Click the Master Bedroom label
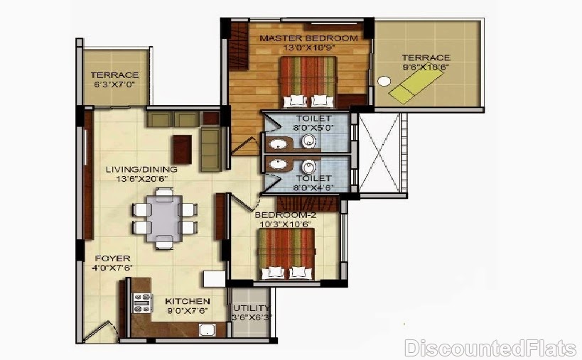click(x=308, y=38)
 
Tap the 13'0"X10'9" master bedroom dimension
click(x=309, y=48)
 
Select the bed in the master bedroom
click(x=308, y=82)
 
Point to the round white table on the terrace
click(x=384, y=81)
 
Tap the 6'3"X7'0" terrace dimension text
click(x=114, y=84)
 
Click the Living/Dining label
click(x=141, y=170)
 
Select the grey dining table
click(x=164, y=219)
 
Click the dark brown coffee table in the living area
click(x=182, y=149)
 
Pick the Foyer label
click(x=112, y=258)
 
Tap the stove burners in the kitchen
click(x=143, y=303)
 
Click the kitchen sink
click(x=207, y=329)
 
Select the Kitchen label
click(x=188, y=302)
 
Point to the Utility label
click(x=252, y=308)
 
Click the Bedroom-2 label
click(x=285, y=215)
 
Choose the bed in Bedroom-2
click(x=286, y=253)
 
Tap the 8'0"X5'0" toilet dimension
click(x=313, y=128)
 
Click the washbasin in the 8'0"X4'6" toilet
click(x=278, y=163)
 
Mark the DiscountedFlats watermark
click(x=491, y=348)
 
